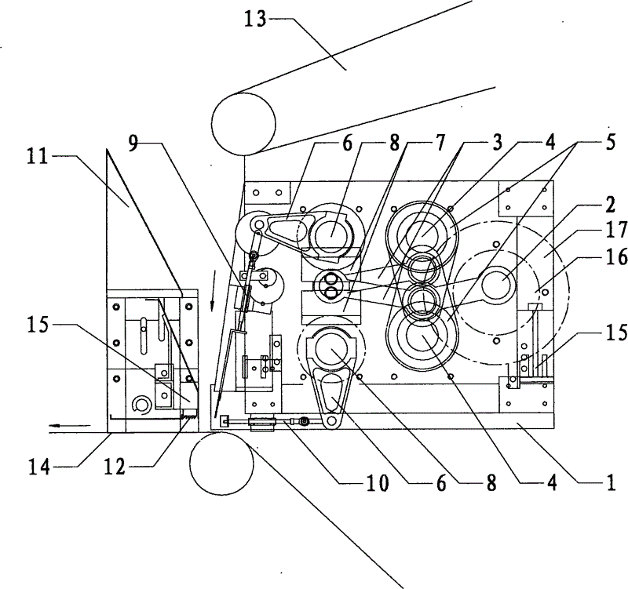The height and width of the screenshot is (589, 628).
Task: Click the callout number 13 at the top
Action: tap(256, 19)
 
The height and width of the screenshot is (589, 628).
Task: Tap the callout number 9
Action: tap(134, 143)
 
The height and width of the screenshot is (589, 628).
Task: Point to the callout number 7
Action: tap(440, 143)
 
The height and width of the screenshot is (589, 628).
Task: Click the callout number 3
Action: tap(497, 143)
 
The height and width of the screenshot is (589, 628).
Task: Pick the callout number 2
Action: tap(610, 206)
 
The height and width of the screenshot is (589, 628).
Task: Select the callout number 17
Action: tap(616, 230)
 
